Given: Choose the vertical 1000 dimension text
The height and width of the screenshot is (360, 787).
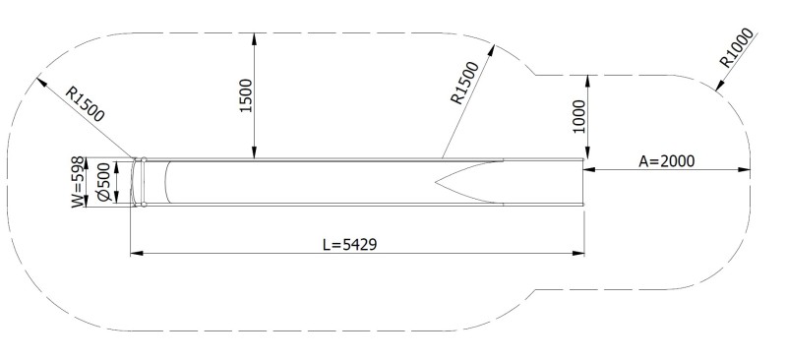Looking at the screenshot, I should pos(578,116).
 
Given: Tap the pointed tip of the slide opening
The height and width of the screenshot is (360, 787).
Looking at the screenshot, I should pos(436,182).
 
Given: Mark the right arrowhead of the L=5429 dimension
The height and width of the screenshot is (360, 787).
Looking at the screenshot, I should pos(579,254).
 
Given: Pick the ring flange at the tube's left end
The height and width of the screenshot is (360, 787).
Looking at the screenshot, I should pos(143,182).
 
